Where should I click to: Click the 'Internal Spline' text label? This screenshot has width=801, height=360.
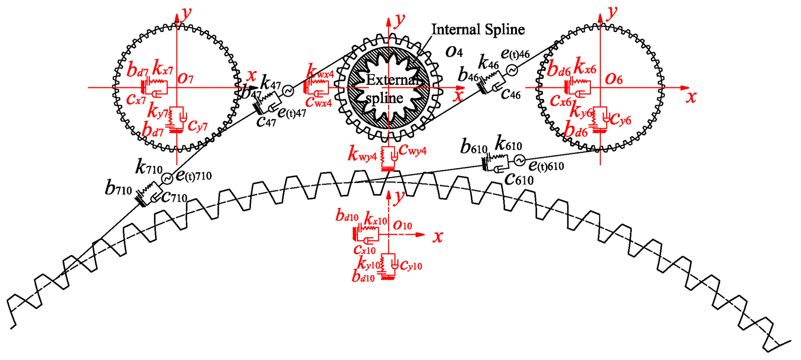click(478, 29)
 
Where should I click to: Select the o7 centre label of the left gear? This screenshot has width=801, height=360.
click(185, 78)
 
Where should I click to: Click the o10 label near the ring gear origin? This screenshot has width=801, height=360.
click(402, 225)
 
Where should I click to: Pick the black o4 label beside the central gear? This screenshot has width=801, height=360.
click(454, 52)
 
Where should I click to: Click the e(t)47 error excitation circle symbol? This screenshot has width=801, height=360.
click(288, 91)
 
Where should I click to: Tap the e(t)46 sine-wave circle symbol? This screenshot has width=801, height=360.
click(512, 70)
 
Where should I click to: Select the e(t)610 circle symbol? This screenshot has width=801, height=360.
click(519, 159)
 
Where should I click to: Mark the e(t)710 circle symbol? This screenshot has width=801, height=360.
click(167, 179)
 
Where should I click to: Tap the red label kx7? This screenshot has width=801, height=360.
click(163, 68)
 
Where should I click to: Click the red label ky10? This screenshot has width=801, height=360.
click(368, 265)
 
